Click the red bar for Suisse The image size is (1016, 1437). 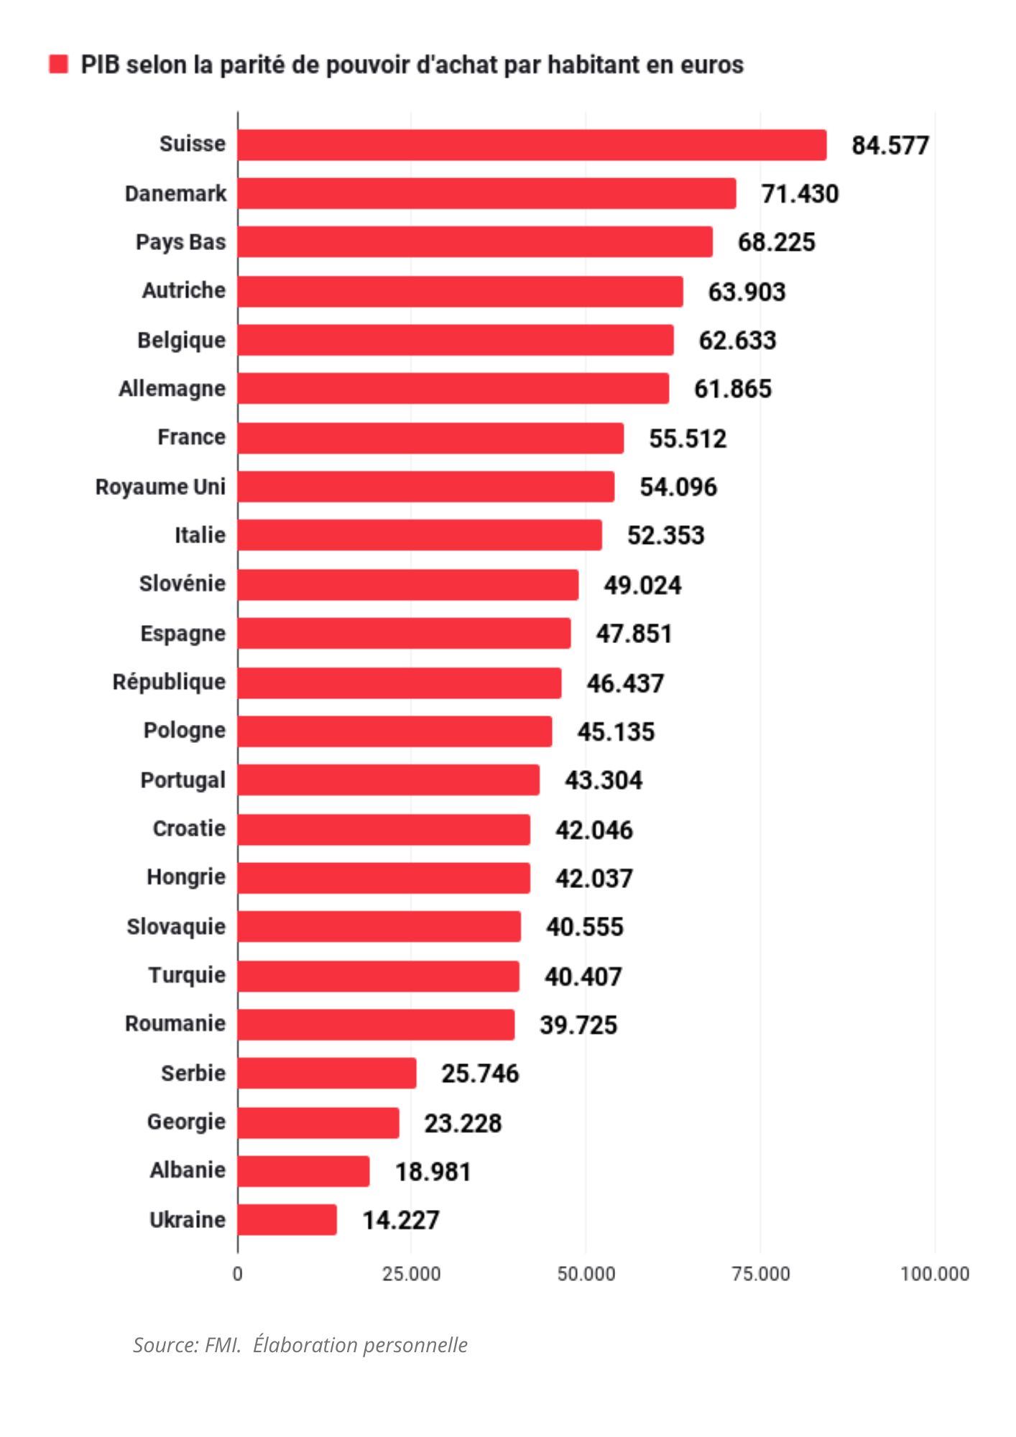tap(532, 145)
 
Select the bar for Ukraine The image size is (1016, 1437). tap(287, 1219)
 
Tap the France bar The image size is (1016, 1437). tap(430, 438)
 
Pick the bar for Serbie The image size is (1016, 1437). tap(327, 1073)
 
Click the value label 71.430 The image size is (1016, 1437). tap(800, 194)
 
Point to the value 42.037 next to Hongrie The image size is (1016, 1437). tap(594, 878)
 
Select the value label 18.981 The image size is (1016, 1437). tap(433, 1171)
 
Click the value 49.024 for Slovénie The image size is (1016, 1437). tap(642, 585)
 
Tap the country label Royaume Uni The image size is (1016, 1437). tap(160, 486)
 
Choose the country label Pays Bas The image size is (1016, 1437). tap(180, 242)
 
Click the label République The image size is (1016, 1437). tap(169, 681)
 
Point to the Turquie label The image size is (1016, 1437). tap(187, 975)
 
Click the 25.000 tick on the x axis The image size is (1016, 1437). tap(411, 1274)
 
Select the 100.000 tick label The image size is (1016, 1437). tap(934, 1274)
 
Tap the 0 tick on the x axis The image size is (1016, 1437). tap(238, 1274)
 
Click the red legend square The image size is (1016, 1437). tap(58, 64)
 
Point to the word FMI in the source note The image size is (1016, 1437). tap(223, 1344)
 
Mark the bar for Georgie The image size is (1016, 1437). tap(318, 1122)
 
